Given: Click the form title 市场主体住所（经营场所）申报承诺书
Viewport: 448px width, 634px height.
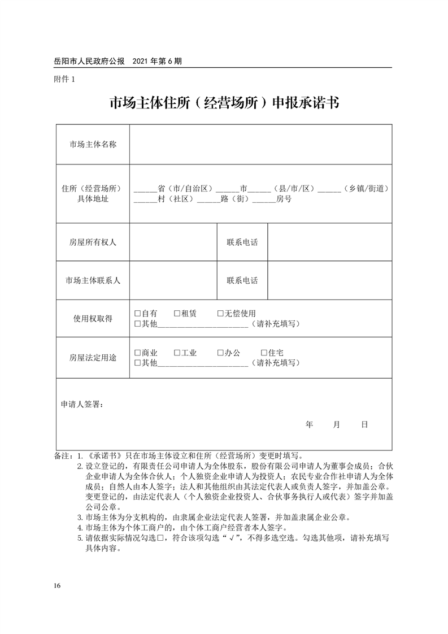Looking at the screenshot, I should [224, 103].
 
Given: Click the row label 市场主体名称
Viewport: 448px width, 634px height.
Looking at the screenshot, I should [93, 144].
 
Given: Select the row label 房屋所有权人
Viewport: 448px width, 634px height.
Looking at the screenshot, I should [93, 242].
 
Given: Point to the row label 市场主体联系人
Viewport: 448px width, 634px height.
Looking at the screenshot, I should [93, 280].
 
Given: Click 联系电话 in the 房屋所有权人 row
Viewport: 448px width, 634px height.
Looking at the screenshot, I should [242, 242].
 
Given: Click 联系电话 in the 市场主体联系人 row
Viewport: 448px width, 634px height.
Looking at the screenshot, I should [242, 280].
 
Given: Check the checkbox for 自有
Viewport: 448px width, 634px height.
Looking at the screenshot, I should [137, 313].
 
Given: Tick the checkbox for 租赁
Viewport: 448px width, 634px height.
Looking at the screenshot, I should [177, 313].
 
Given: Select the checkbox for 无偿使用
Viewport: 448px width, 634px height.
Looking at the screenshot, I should [220, 313].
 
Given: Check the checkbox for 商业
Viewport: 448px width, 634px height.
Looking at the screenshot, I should [137, 353].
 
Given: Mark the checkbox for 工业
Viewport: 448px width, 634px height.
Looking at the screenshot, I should [177, 353].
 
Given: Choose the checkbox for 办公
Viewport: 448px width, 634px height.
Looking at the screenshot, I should [220, 353].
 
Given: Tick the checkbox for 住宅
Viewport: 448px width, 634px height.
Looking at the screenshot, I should [264, 353].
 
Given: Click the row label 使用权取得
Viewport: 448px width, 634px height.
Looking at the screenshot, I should [93, 319].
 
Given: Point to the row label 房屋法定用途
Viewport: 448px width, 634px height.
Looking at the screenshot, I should [93, 358].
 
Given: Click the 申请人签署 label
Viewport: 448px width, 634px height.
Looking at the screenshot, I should [81, 405].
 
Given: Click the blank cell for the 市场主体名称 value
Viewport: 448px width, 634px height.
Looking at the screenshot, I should [260, 144].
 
